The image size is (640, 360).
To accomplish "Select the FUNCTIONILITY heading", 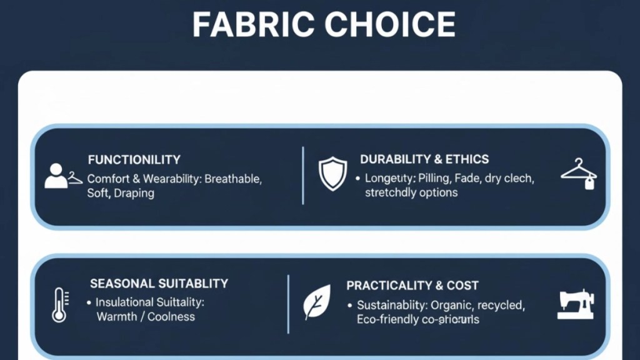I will click(134, 159).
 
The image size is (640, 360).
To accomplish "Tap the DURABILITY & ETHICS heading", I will click(424, 159).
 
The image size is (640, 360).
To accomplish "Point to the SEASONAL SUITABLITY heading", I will click(159, 284).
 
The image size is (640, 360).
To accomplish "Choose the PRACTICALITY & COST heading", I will click(412, 286).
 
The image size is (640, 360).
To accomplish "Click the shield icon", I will click(332, 173).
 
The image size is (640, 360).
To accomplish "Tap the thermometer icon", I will click(59, 304).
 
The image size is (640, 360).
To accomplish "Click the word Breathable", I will click(233, 179).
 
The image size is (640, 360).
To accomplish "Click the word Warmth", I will click(117, 317).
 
